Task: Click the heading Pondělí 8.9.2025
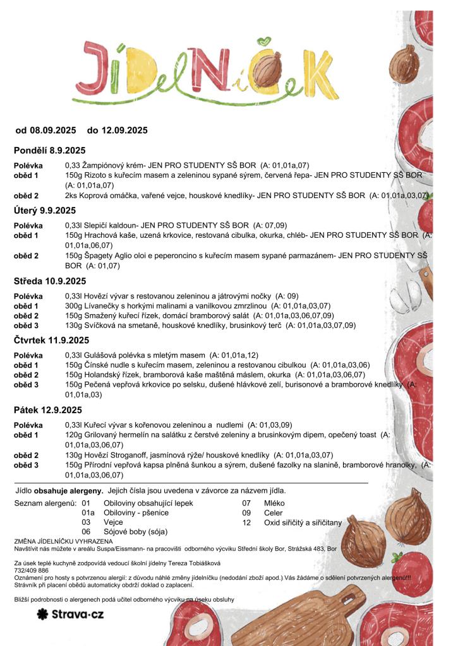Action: tap(49, 150)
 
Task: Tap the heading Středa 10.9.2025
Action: tap(50, 281)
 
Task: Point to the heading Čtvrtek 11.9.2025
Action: tap(51, 340)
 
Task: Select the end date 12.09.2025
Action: tap(124, 131)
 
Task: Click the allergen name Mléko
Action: tap(274, 503)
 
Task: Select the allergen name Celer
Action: tap(273, 513)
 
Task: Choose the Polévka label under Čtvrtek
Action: tap(28, 355)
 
